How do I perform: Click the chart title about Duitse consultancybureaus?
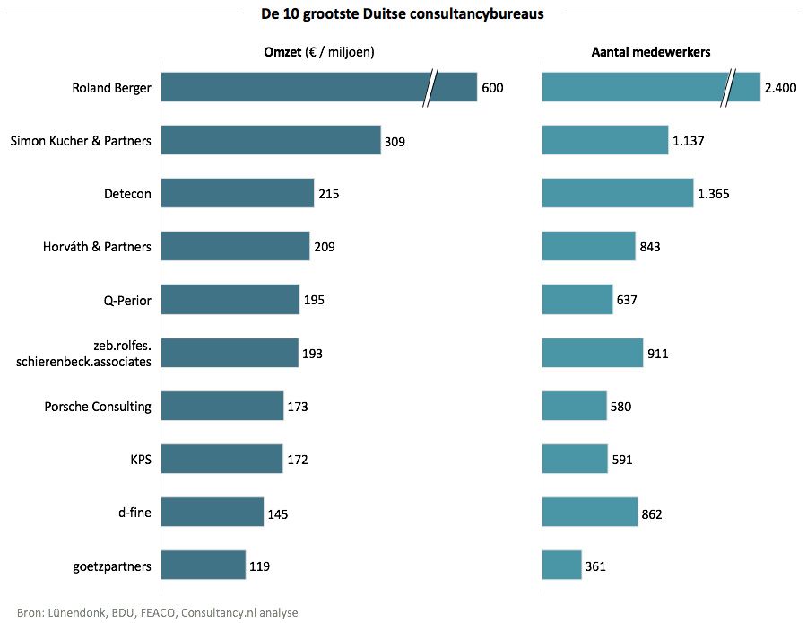pos(403,13)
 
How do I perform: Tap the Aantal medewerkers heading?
pos(651,52)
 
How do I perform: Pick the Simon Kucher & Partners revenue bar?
pos(271,140)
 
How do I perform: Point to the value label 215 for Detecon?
pos(329,193)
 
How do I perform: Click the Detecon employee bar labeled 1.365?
pos(618,193)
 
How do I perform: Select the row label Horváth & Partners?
pos(97,246)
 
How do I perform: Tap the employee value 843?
pos(650,247)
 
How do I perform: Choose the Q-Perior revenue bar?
pos(230,300)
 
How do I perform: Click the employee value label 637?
pos(627,300)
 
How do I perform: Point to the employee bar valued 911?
pos(593,353)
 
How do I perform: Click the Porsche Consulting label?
pos(98,407)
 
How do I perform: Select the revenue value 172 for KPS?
pos(298,460)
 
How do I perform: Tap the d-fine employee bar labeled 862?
pos(590,513)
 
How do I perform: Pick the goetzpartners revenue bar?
pos(204,566)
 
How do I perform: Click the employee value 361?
pos(595,566)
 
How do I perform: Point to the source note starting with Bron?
pos(158,612)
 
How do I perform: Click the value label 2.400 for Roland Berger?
pos(780,88)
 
